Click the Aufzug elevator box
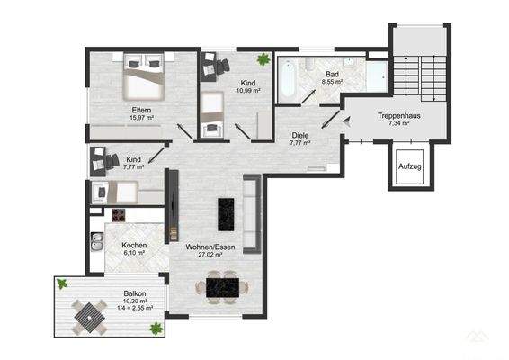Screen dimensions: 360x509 tap(410, 169)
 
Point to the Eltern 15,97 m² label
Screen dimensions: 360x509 tap(141, 115)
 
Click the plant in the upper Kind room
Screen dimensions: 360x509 tap(263, 60)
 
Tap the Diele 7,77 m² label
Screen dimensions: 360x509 tap(299, 139)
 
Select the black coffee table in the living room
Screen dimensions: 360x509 tap(226, 213)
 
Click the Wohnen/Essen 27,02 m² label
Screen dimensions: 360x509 tap(207, 249)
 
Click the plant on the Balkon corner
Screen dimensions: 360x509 tap(63, 284)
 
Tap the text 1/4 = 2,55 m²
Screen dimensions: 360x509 tap(133, 308)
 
